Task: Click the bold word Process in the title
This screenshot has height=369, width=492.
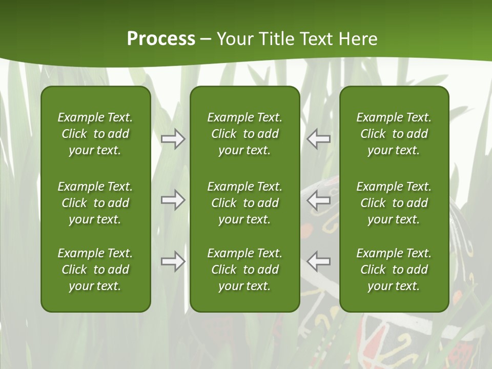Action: coord(161,38)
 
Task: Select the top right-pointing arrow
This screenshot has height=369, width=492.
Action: coord(173,139)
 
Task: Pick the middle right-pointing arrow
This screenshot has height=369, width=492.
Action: coord(173,200)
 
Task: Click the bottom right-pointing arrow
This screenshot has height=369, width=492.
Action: coord(173,261)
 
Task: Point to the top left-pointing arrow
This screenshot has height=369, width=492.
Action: coord(318,139)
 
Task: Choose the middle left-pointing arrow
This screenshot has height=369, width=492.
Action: coord(318,200)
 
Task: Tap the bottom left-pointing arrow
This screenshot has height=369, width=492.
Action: coord(318,261)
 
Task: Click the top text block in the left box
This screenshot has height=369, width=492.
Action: coord(95,134)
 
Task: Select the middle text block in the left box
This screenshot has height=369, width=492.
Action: coord(95,203)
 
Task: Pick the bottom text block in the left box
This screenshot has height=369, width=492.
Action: coord(95,270)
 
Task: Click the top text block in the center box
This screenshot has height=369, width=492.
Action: coord(244,134)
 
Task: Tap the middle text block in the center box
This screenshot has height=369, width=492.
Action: coord(244,203)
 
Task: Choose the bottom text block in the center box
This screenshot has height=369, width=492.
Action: coord(244,270)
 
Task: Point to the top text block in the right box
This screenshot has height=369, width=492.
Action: coord(394,134)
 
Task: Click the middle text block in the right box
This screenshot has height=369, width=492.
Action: coord(394,203)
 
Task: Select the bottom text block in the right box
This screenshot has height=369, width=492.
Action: coord(394,270)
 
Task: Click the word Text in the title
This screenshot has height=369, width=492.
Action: coord(318,38)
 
